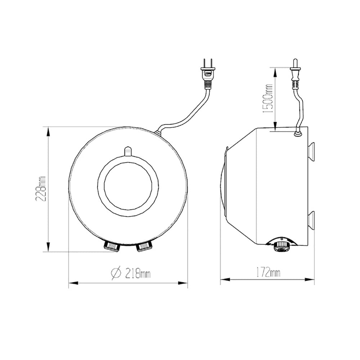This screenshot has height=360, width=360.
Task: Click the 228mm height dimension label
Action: [x=42, y=189]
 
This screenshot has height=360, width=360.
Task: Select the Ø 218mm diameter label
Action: [x=130, y=274]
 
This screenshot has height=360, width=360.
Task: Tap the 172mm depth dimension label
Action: [x=268, y=273]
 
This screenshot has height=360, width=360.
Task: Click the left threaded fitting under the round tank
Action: [x=111, y=247]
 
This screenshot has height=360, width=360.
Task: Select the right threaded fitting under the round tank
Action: [x=144, y=247]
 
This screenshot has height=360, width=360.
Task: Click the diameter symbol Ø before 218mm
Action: [x=116, y=274]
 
